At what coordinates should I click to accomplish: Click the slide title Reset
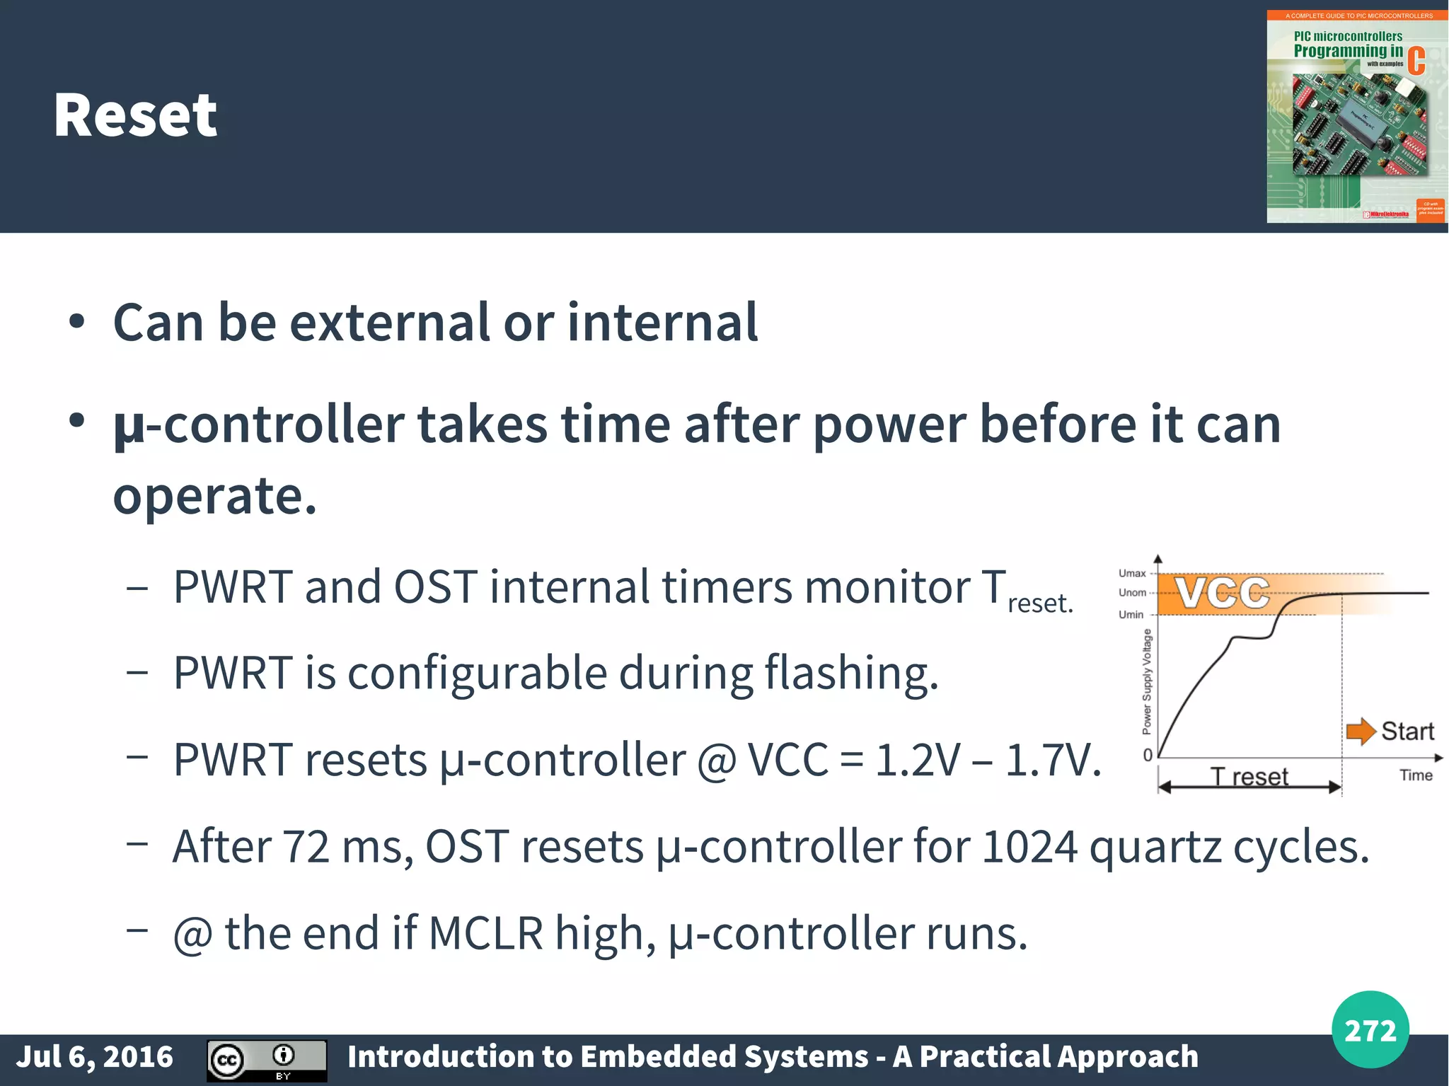pos(135,115)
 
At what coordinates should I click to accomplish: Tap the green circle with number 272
pos(1370,1029)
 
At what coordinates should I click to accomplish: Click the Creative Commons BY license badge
pos(267,1060)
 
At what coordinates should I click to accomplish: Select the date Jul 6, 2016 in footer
pos(94,1056)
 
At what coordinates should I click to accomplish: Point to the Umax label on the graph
pos(1131,573)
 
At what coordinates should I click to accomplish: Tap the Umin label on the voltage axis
pos(1130,614)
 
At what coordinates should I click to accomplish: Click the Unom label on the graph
pos(1131,593)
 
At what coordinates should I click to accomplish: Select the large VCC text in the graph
pos(1223,593)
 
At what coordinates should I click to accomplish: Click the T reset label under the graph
pos(1249,777)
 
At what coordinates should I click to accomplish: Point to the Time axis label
pos(1415,775)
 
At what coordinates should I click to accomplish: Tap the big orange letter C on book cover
pos(1416,62)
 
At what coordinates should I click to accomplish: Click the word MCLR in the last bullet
pos(485,933)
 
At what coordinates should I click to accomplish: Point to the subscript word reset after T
pos(1039,603)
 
